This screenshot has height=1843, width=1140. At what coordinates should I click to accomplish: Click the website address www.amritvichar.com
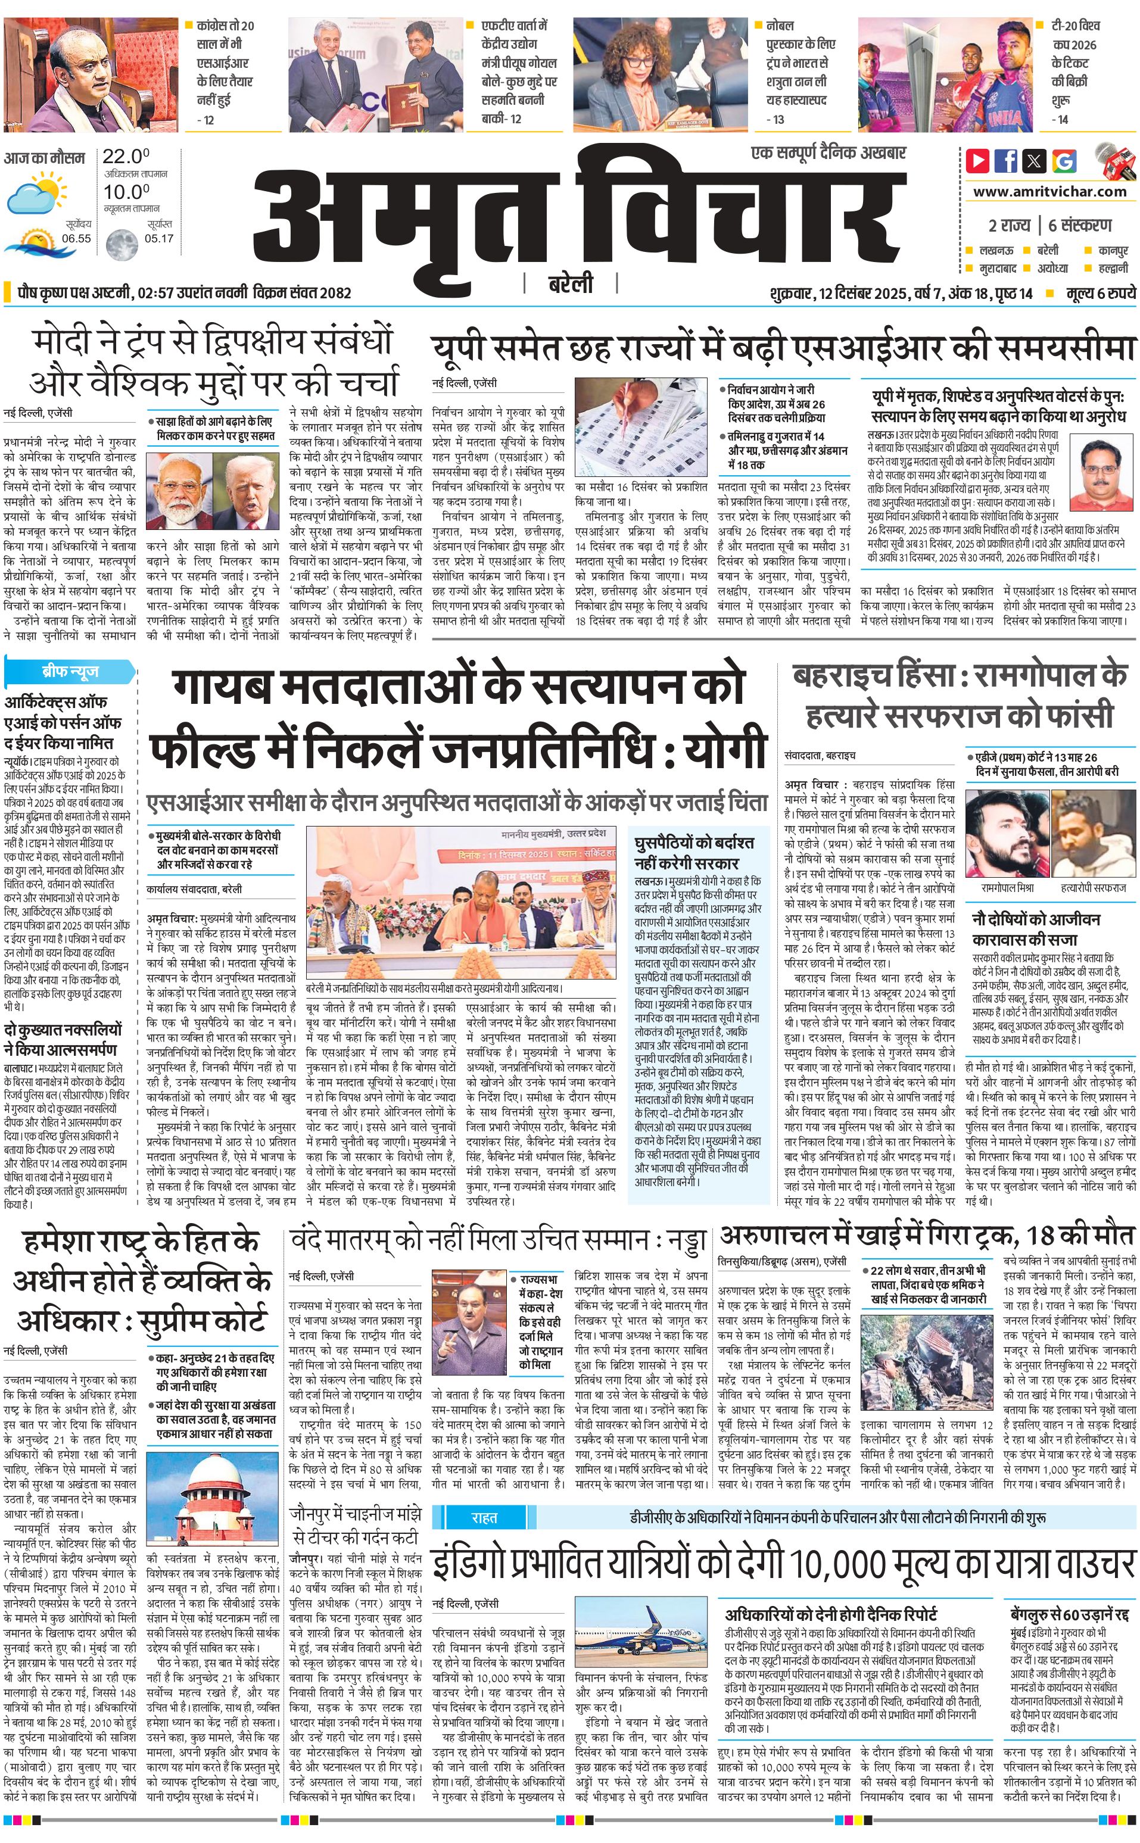pos(1049,192)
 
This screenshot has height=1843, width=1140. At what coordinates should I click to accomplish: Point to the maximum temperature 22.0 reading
pos(126,157)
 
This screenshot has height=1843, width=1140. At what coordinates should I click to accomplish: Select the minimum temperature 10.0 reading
pos(126,192)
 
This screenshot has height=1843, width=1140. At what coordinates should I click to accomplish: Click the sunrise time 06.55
pos(76,238)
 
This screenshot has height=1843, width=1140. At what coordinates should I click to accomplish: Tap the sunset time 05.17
pos(159,238)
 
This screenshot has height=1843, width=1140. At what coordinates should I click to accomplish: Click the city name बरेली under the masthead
pos(570,283)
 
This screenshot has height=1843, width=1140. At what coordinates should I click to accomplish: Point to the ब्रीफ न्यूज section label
pos(70,671)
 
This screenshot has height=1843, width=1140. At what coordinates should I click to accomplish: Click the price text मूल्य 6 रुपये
pos(1100,293)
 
